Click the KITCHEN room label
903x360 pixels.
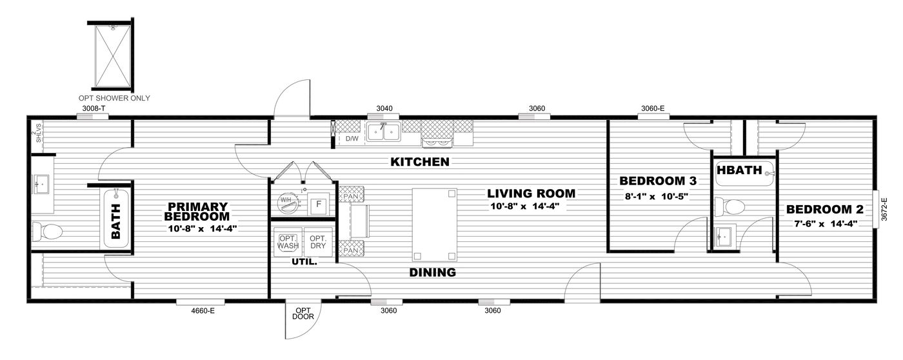(419, 162)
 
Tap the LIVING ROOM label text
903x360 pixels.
(531, 194)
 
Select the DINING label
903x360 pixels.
(432, 272)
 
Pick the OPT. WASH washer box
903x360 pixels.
(287, 241)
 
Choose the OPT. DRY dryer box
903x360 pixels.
(317, 241)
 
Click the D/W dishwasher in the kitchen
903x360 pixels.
(352, 138)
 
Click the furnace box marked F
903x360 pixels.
(317, 205)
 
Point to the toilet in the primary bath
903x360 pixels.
(46, 230)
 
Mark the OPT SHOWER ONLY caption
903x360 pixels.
(114, 98)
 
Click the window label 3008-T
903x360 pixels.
(94, 109)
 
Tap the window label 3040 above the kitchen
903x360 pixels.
(384, 109)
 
